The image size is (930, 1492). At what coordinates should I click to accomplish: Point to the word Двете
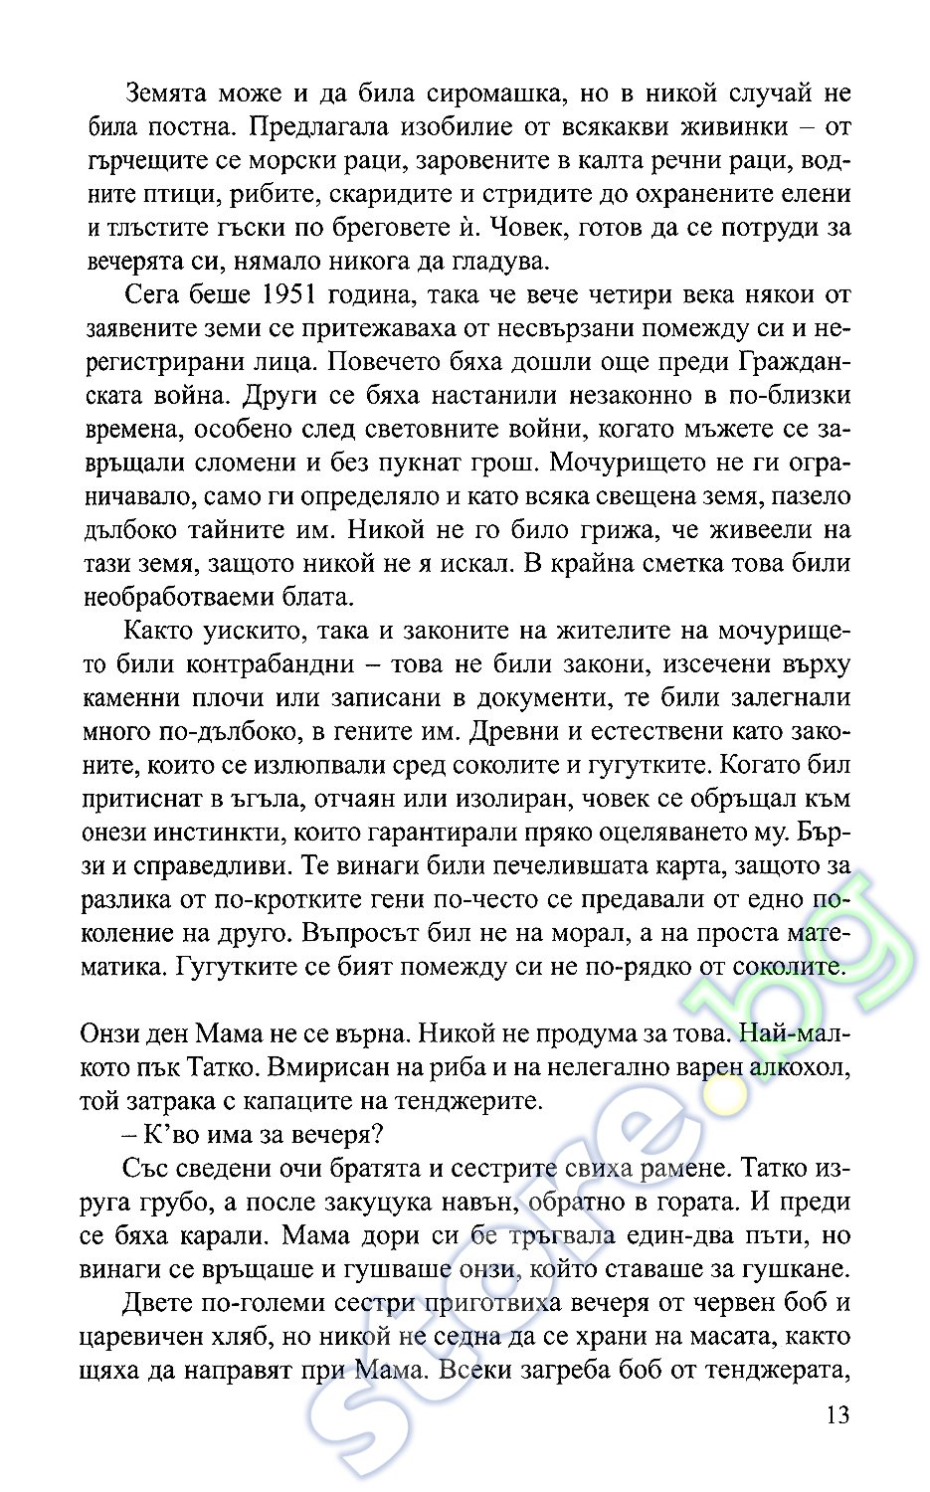158,1303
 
